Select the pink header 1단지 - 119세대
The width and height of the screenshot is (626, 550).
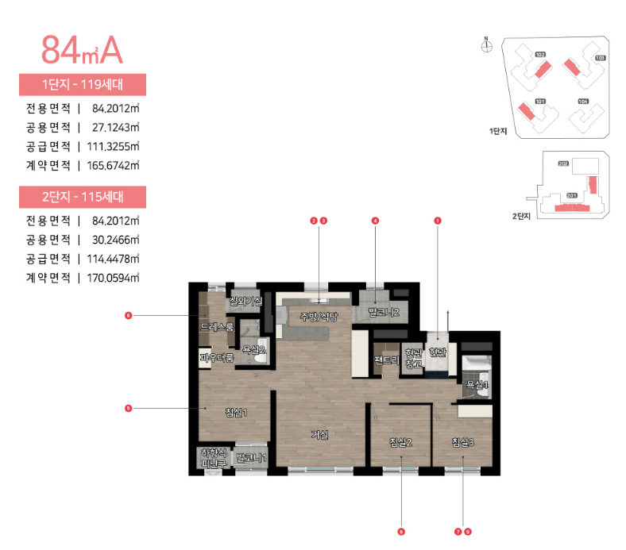(x=82, y=84)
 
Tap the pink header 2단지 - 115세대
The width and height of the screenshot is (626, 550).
(x=82, y=196)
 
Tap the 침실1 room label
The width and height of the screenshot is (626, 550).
(x=237, y=412)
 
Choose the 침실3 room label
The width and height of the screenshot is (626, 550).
(x=462, y=442)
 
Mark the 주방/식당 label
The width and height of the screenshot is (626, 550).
(x=319, y=317)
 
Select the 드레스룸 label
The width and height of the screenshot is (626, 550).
(x=216, y=327)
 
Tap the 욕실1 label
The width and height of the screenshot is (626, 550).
(x=477, y=385)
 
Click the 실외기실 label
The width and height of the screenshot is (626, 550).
(x=245, y=301)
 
